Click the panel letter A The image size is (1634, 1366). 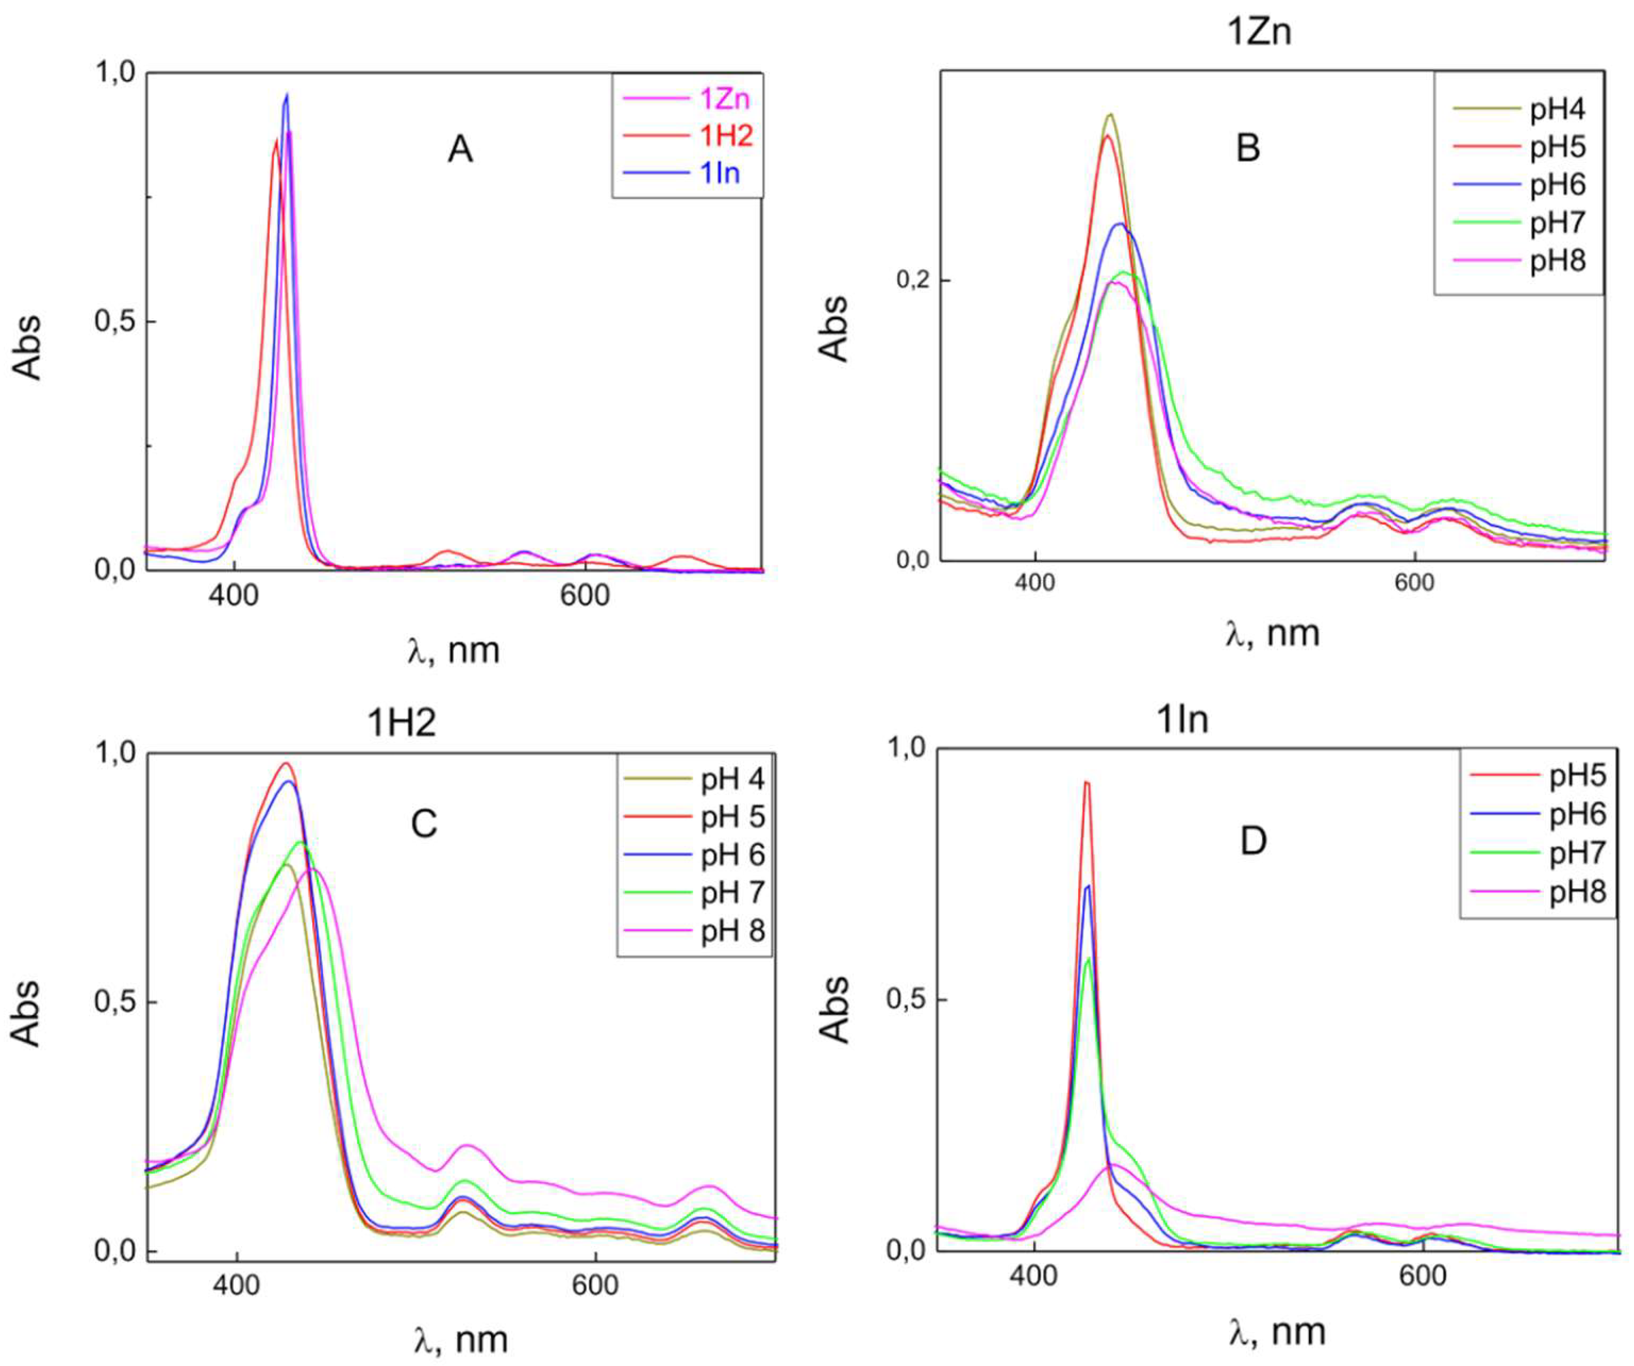pyautogui.click(x=460, y=149)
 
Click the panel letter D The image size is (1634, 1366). pyautogui.click(x=1253, y=841)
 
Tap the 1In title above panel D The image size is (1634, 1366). pyautogui.click(x=1183, y=720)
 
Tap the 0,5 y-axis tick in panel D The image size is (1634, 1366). pyautogui.click(x=907, y=1000)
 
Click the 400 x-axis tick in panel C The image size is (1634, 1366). pyautogui.click(x=236, y=1285)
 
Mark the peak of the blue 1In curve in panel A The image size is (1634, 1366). pyautogui.click(x=286, y=95)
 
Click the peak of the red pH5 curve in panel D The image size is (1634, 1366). pyautogui.click(x=1087, y=782)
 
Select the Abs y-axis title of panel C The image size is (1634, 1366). pyautogui.click(x=27, y=1012)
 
